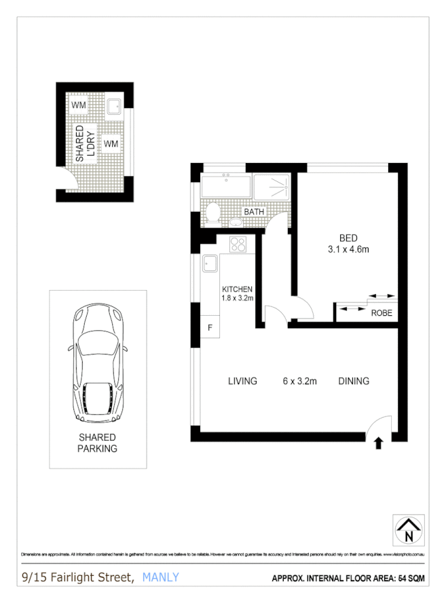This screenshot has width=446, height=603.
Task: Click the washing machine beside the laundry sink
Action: pos(79,105)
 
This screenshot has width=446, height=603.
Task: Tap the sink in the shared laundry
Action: pos(114,105)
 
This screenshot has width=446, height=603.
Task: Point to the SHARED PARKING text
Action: pos(97,443)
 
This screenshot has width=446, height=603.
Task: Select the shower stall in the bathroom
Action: pos(274,185)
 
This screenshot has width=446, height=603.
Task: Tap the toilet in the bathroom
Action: pos(212,213)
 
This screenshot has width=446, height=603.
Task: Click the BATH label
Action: pos(254,212)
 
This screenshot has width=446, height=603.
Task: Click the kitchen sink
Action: pos(209,262)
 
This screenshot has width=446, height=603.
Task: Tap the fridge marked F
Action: pos(210,328)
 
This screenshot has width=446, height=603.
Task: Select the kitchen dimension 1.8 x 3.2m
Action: pos(238,297)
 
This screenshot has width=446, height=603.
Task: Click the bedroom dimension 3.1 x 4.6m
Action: pos(348,249)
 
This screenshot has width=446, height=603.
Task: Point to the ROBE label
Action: pos(381,313)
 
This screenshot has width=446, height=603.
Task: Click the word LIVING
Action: pos(242,381)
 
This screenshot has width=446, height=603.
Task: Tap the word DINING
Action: pos(354,381)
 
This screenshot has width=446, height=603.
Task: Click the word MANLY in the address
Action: pos(161,577)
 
